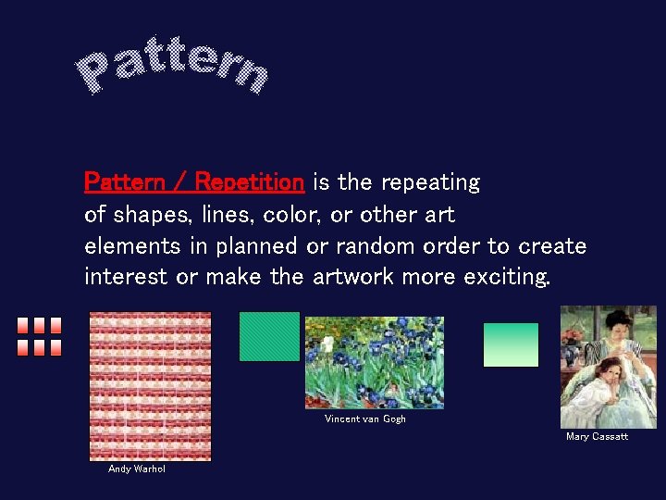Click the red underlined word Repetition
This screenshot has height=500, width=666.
click(x=250, y=182)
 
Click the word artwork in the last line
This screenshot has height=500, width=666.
click(x=354, y=277)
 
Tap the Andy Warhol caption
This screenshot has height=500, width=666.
click(x=136, y=469)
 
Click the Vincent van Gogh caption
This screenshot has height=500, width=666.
click(x=364, y=419)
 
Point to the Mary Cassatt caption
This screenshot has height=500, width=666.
click(x=597, y=436)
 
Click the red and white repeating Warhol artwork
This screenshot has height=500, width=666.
click(x=150, y=385)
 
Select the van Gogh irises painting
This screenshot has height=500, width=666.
click(x=374, y=362)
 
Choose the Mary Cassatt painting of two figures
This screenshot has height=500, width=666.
click(x=608, y=367)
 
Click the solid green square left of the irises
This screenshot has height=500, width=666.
click(x=269, y=336)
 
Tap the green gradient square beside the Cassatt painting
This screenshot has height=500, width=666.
click(x=511, y=344)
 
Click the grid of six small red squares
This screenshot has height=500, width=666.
click(x=39, y=337)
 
